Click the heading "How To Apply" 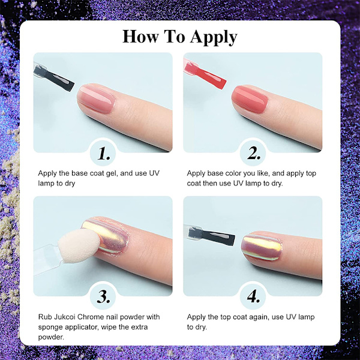pyautogui.click(x=180, y=37)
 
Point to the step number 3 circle pyautogui.click(x=103, y=296)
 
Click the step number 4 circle pyautogui.click(x=253, y=296)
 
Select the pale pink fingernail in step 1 pyautogui.click(x=96, y=99)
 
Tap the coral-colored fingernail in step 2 pyautogui.click(x=250, y=99)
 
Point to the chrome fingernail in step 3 pyautogui.click(x=106, y=236)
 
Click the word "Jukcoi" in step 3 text pyautogui.click(x=65, y=317)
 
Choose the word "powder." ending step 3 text pyautogui.click(x=51, y=337)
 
